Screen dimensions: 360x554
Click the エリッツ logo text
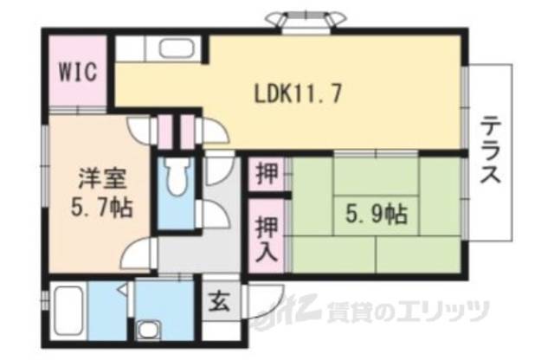(441, 309)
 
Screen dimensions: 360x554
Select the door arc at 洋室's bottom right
(137, 254)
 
